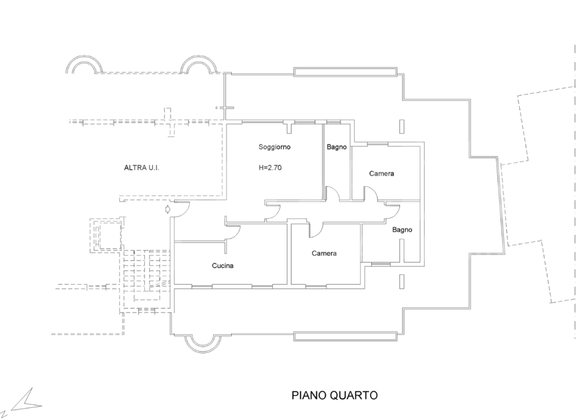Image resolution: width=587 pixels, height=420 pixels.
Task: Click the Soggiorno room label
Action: pos(275,147)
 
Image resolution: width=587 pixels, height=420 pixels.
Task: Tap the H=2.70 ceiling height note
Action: pos(270,167)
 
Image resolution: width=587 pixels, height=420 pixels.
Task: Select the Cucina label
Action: pos(223,266)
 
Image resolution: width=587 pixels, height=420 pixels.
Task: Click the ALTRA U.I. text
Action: pos(141,167)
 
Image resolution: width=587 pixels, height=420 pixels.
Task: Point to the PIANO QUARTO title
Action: pos(334,395)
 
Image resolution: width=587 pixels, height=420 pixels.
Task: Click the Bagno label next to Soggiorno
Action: pos(337,148)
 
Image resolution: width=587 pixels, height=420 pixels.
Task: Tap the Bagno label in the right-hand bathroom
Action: pos(402,230)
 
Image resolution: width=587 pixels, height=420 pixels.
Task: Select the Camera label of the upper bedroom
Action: pos(381,174)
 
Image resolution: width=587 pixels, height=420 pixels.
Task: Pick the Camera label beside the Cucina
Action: pos(324,253)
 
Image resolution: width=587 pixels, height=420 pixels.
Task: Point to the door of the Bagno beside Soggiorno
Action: pos(332,194)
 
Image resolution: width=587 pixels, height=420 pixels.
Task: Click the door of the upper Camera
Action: pos(370,194)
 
